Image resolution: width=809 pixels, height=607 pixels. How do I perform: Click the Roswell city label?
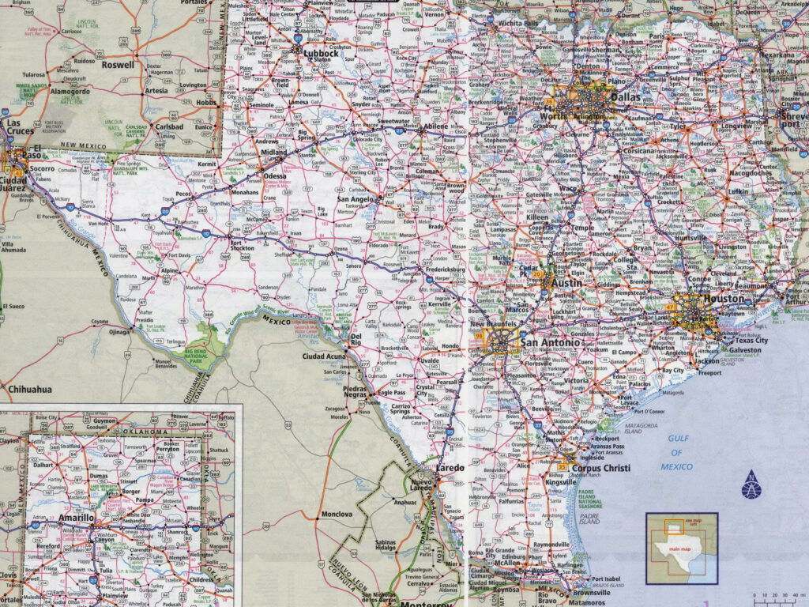click(x=119, y=66)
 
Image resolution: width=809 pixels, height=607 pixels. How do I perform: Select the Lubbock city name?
click(x=321, y=53)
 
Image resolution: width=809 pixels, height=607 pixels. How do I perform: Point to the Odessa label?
click(x=275, y=175)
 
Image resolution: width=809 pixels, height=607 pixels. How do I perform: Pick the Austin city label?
click(x=566, y=282)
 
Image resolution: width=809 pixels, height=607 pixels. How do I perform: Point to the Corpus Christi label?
click(x=600, y=468)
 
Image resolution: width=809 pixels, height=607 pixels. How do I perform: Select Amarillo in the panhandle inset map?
click(x=77, y=517)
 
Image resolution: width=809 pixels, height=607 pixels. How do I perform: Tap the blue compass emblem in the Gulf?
click(x=751, y=484)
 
